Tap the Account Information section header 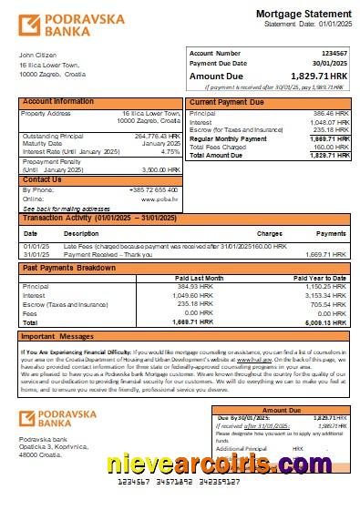(57, 101)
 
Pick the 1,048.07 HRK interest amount (329, 121)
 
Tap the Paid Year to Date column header (320, 277)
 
